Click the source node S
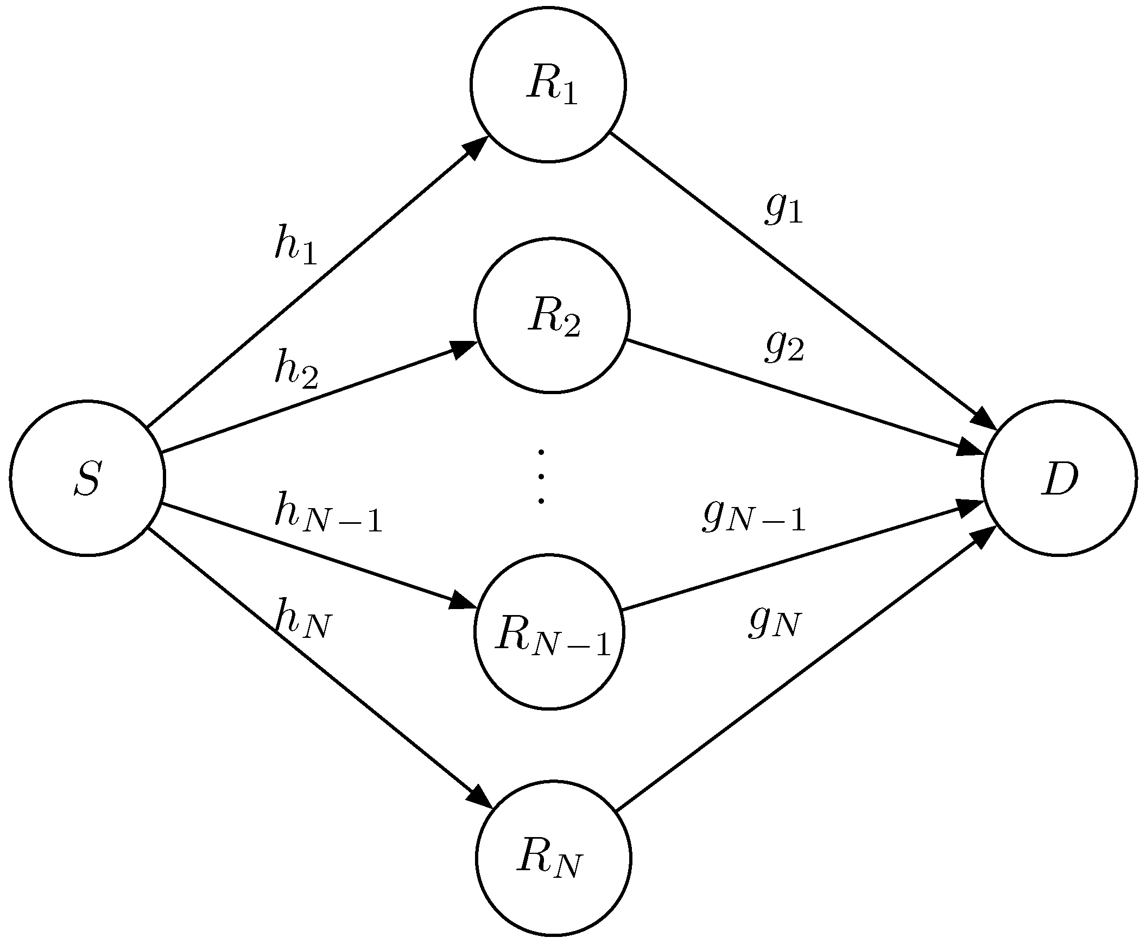[x=87, y=479]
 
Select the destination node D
[x=1059, y=479]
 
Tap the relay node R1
[x=548, y=84]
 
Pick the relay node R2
[x=552, y=315]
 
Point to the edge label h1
[x=295, y=245]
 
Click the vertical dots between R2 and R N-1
[x=541, y=477]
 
